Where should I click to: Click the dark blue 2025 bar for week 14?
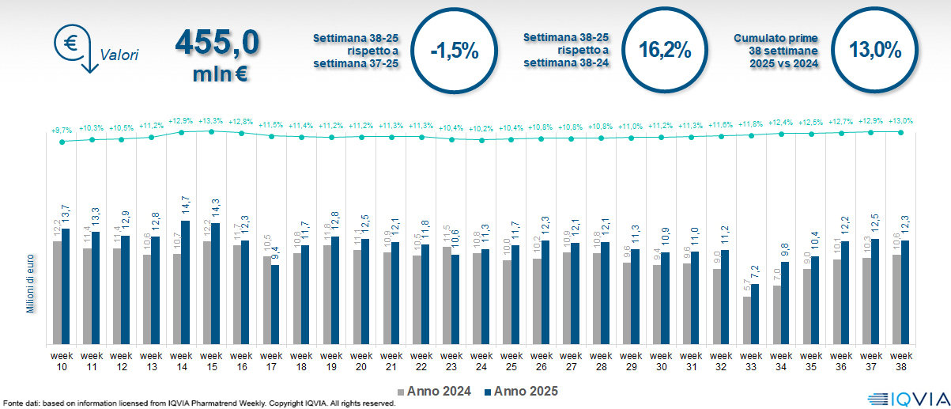(186, 282)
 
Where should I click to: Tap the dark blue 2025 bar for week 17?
(275, 304)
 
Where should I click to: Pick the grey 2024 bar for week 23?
(446, 295)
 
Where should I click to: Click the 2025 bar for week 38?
(905, 292)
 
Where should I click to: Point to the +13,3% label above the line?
(211, 121)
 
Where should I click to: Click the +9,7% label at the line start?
(62, 130)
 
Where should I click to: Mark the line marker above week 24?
(481, 140)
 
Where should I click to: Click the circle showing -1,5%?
(455, 51)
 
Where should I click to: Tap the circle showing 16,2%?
(665, 51)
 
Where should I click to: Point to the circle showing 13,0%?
(875, 51)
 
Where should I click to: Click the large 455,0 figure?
(218, 43)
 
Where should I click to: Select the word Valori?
(119, 55)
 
